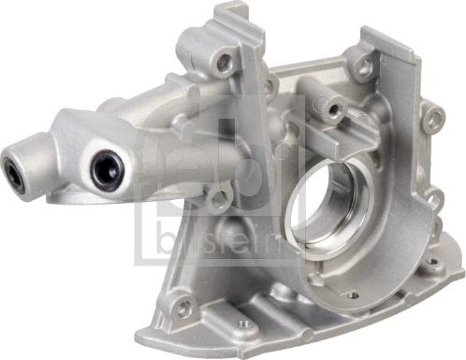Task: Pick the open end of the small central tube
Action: click(x=335, y=108)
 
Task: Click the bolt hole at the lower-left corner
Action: click(x=183, y=304)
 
